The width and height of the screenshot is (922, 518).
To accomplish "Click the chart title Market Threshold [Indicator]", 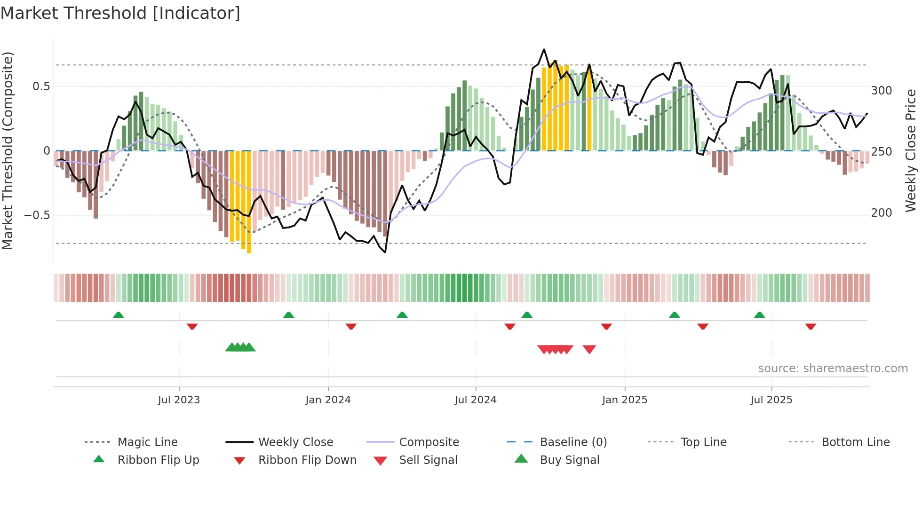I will click(x=120, y=13).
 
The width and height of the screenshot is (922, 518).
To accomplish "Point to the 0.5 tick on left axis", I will click(x=41, y=86).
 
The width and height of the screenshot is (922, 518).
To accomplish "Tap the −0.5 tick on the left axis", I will click(x=37, y=215).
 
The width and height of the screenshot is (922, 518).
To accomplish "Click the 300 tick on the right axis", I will click(x=881, y=91).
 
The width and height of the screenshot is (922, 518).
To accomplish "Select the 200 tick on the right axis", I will click(x=881, y=213).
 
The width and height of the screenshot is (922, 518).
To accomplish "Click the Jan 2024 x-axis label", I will click(x=328, y=400).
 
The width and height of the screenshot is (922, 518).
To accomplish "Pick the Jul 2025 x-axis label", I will click(x=771, y=400).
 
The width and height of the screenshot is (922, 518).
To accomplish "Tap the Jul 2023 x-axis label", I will click(x=179, y=400).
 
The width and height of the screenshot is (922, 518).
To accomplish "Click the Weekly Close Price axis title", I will click(x=911, y=150).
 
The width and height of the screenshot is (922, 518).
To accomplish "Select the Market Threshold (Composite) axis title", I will click(x=8, y=150).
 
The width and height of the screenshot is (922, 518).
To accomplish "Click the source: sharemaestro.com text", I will click(x=833, y=369).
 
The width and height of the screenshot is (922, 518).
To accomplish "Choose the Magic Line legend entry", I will click(x=147, y=442).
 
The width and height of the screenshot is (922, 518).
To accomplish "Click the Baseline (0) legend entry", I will click(x=573, y=442).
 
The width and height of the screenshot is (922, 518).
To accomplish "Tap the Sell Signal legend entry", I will click(x=428, y=460).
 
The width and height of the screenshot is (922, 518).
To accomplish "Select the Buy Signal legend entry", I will click(x=569, y=460).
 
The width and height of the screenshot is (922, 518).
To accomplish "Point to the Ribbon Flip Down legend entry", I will click(x=307, y=460).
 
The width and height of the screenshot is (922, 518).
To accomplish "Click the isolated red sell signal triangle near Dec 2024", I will click(x=589, y=349).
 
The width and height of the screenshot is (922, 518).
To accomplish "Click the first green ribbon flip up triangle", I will click(x=119, y=315).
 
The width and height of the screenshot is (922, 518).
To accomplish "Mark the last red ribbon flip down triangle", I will click(x=811, y=326).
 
